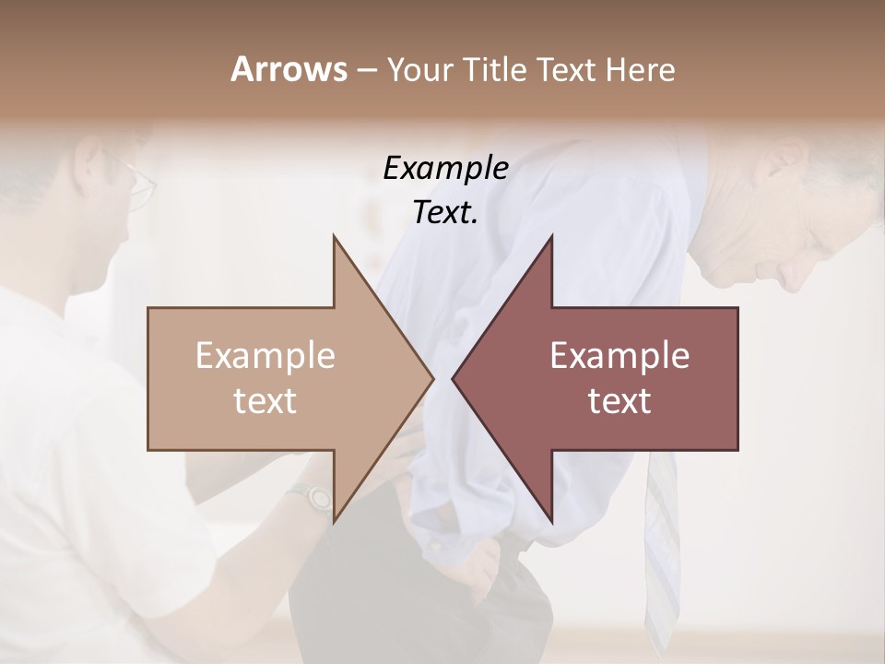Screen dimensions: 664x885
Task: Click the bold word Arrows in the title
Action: pos(288,69)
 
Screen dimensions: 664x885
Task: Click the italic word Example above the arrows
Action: pos(445,169)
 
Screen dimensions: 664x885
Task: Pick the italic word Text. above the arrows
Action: pos(445,213)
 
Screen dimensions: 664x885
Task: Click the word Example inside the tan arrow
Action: pos(265,356)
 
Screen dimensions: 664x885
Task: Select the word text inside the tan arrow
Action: pos(265,401)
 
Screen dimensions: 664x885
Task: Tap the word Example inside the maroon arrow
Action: pos(619,356)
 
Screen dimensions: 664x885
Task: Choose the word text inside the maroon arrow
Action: pos(619,401)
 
